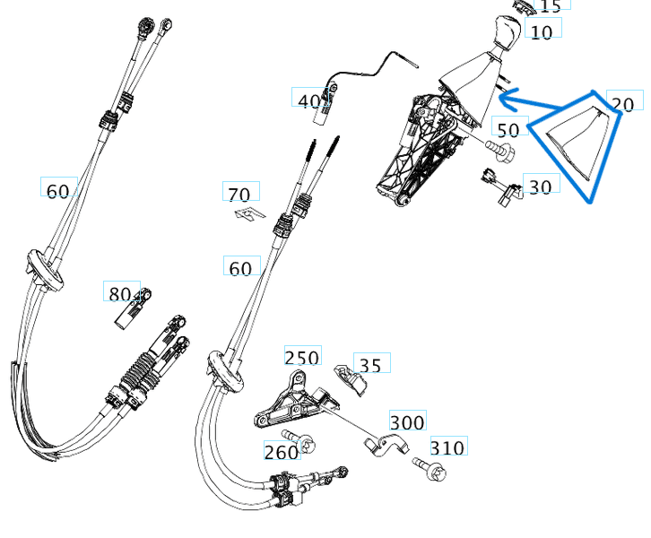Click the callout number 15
pos(551,6)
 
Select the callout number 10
pos(542,33)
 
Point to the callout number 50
pos(507,130)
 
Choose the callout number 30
pos(541,187)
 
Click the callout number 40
pos(308,101)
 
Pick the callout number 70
pos(239,195)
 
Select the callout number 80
pos(119,294)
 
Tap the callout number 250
pos(301,358)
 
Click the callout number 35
pos(369,365)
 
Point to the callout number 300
pos(407,422)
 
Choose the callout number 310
pos(447,447)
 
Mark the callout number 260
pos(281,453)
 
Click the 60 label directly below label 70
pos(240,268)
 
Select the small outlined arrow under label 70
pos(247,213)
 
